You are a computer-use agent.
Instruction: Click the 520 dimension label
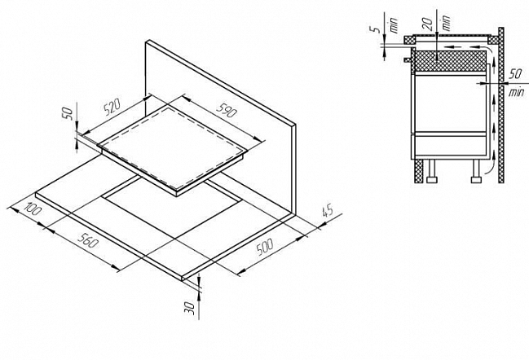pyautogui.click(x=112, y=108)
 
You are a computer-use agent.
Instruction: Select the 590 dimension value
pyautogui.click(x=226, y=110)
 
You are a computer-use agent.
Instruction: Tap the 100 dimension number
pyautogui.click(x=33, y=209)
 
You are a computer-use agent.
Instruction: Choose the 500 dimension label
pyautogui.click(x=264, y=247)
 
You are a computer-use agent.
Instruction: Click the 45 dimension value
pyautogui.click(x=328, y=211)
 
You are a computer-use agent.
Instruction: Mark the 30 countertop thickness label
pyautogui.click(x=191, y=309)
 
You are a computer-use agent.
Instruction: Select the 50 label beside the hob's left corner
pyautogui.click(x=68, y=113)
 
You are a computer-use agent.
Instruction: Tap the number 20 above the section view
pyautogui.click(x=428, y=24)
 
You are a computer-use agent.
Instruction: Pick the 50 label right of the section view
pyautogui.click(x=515, y=74)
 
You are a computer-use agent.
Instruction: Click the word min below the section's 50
pyautogui.click(x=517, y=92)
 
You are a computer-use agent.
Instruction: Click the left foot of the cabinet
pyautogui.click(x=432, y=171)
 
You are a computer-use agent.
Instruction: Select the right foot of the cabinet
pyautogui.click(x=476, y=171)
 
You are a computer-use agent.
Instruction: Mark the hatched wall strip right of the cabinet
pyautogui.click(x=501, y=105)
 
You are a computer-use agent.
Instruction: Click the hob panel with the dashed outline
pyautogui.click(x=173, y=149)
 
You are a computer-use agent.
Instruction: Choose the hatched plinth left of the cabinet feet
pyautogui.click(x=418, y=171)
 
